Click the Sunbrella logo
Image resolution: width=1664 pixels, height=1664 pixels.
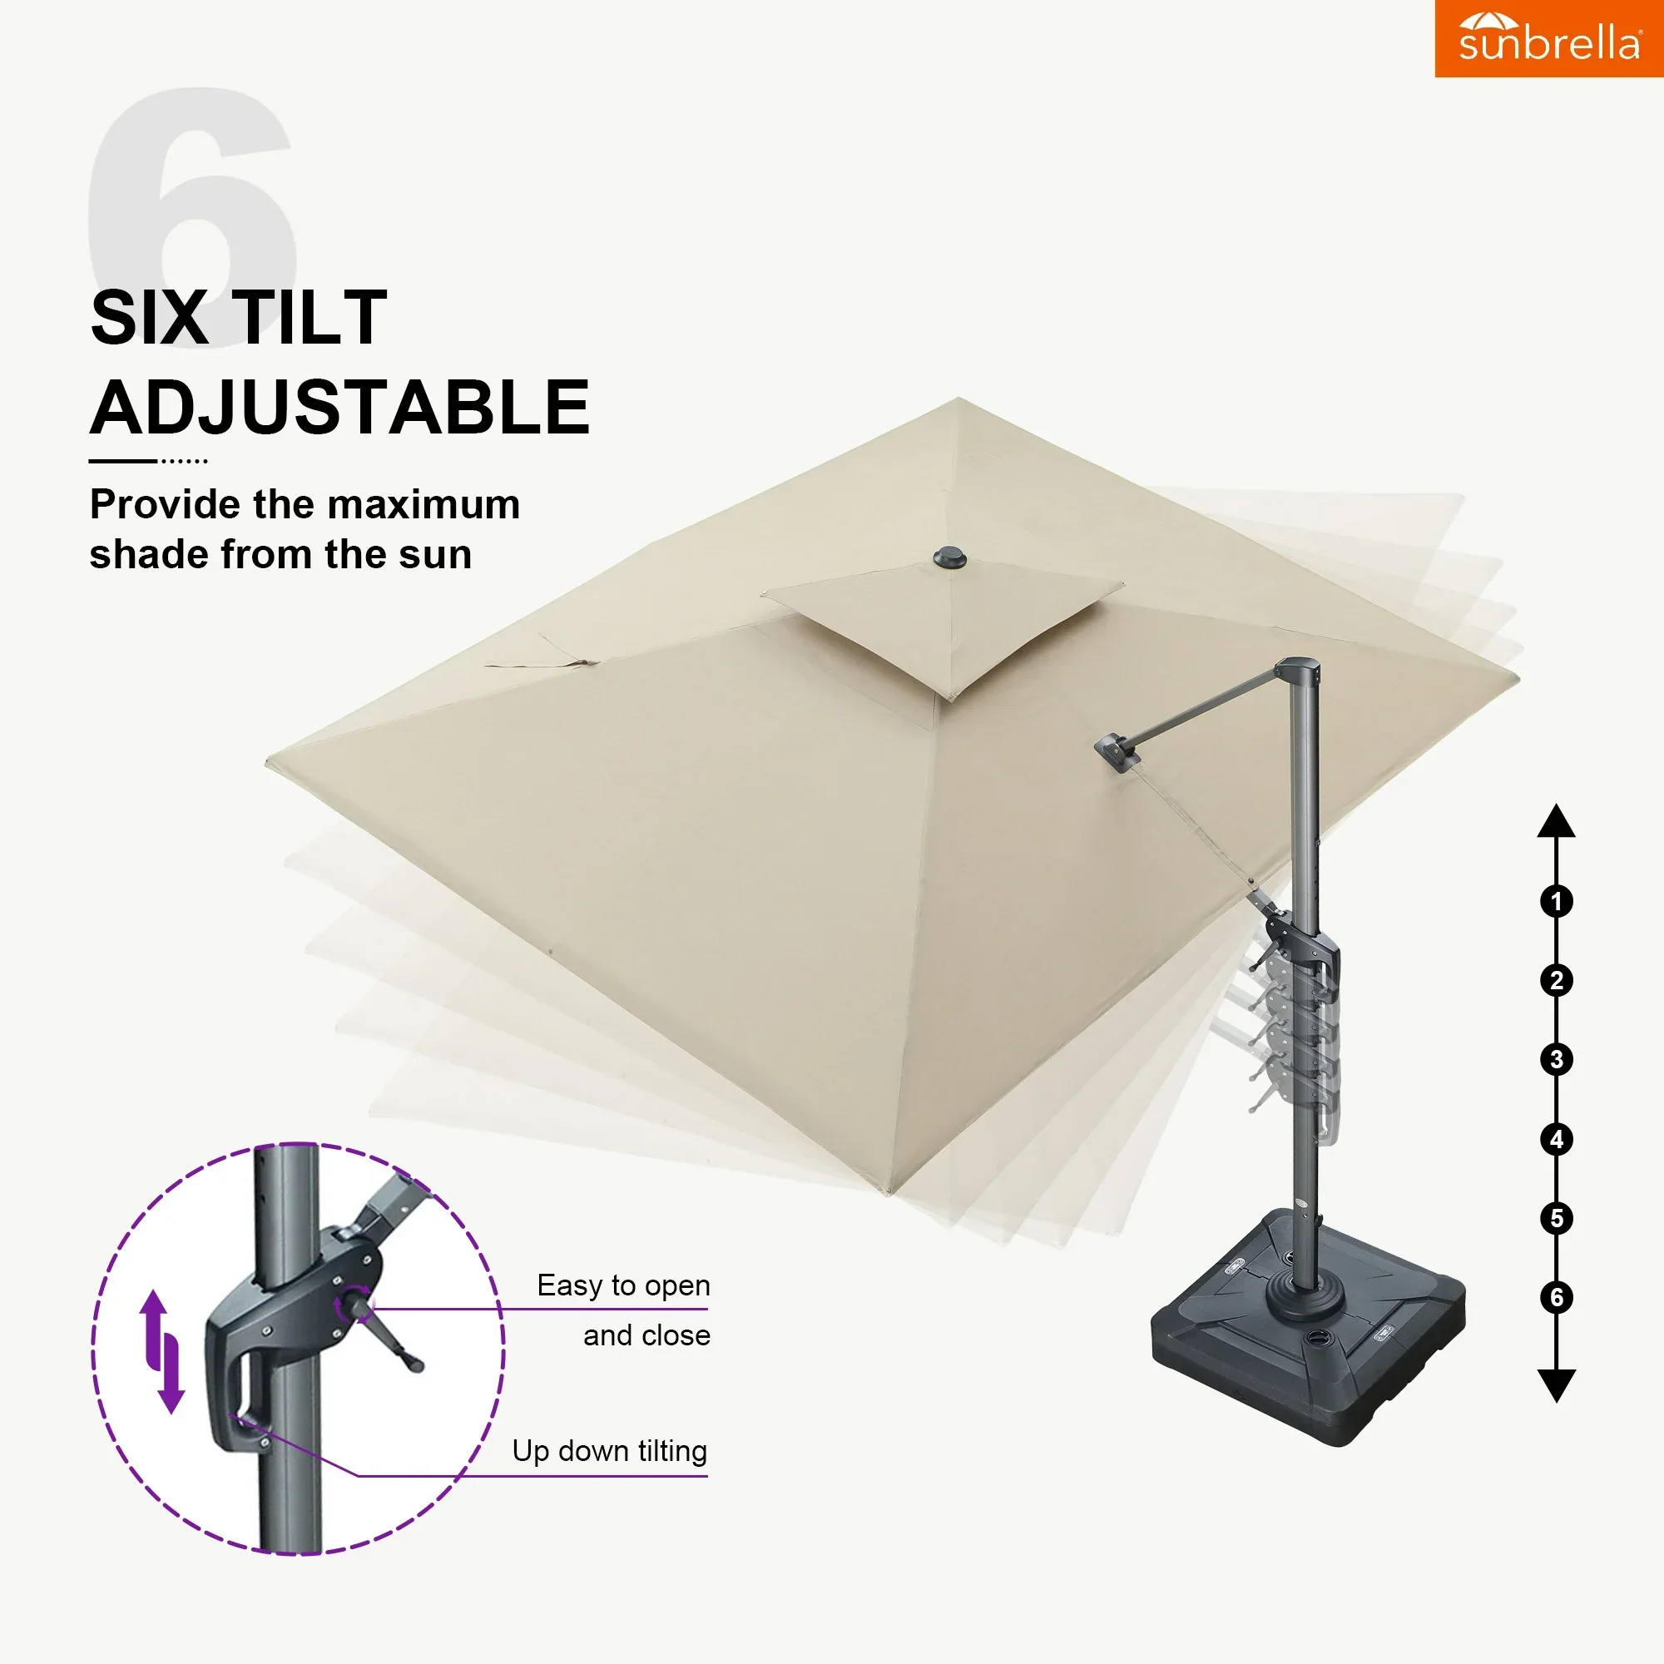point(1548,39)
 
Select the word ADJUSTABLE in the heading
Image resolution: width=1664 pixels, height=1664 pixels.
point(340,408)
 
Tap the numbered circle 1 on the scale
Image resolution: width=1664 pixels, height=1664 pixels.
point(1557,902)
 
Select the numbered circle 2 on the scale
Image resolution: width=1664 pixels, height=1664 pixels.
point(1557,980)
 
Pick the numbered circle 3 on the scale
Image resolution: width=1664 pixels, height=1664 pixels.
point(1557,1059)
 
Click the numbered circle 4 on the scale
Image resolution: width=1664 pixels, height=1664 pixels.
point(1557,1140)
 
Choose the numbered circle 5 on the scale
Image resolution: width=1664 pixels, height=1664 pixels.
point(1557,1219)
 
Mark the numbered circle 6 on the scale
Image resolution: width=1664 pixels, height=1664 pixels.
point(1557,1297)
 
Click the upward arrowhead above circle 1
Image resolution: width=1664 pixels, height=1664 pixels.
point(1557,822)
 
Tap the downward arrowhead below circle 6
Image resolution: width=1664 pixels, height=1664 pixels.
point(1557,1385)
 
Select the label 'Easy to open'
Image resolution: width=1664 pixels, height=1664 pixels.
point(623,1285)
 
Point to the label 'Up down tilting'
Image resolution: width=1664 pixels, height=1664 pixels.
point(610,1451)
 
